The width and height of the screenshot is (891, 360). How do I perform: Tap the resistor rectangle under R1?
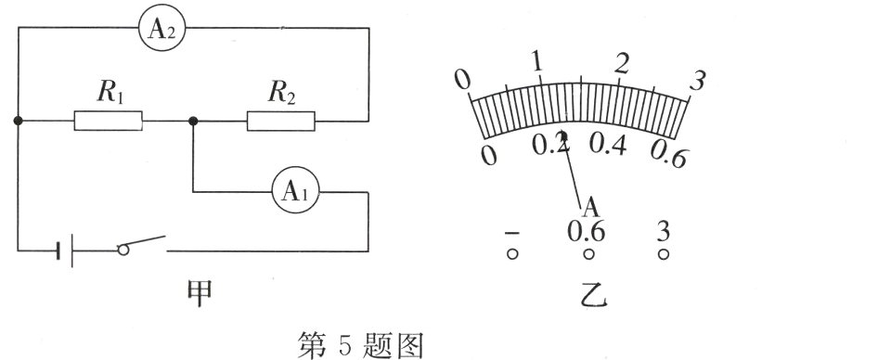click(x=109, y=121)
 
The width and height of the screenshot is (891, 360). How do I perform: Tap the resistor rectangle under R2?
click(x=280, y=121)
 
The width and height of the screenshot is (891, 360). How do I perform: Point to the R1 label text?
click(x=110, y=91)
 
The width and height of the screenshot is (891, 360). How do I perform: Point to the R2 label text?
click(x=282, y=91)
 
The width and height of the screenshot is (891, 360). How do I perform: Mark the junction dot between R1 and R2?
click(x=192, y=121)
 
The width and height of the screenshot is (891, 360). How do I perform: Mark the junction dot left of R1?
click(x=19, y=121)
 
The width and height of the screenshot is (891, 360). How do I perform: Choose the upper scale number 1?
click(x=536, y=62)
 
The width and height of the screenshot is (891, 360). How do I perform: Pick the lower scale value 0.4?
click(x=608, y=146)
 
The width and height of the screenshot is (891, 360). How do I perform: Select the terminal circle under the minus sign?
click(x=510, y=253)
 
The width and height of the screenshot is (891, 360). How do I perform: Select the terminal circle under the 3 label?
click(x=663, y=253)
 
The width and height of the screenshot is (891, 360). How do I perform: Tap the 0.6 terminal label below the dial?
click(x=587, y=230)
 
